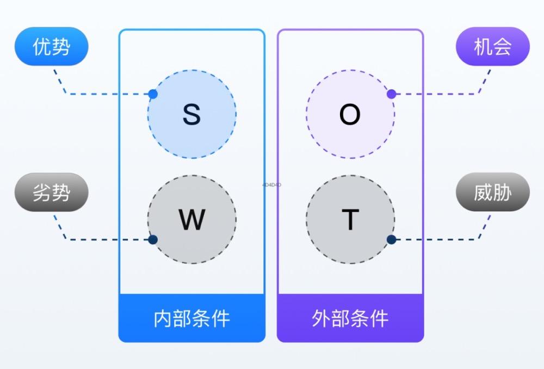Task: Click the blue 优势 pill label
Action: [x=51, y=47]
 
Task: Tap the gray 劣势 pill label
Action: [x=51, y=192]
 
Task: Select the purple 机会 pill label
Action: [x=492, y=47]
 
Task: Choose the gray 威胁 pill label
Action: [x=492, y=192]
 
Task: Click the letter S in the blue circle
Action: [x=191, y=115]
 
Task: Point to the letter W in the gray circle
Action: [x=191, y=220]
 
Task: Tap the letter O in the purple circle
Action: [x=350, y=115]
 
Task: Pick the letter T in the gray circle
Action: [x=350, y=220]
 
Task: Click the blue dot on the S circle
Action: [x=153, y=94]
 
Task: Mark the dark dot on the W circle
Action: [x=153, y=239]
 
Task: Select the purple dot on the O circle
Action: [x=391, y=94]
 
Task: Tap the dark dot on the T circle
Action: [x=391, y=239]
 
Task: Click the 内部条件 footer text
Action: [x=191, y=318]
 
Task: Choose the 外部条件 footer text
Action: [x=350, y=318]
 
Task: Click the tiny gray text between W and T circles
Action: [x=271, y=185]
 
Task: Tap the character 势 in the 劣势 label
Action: [x=61, y=192]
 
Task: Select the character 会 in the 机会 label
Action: [x=502, y=47]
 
